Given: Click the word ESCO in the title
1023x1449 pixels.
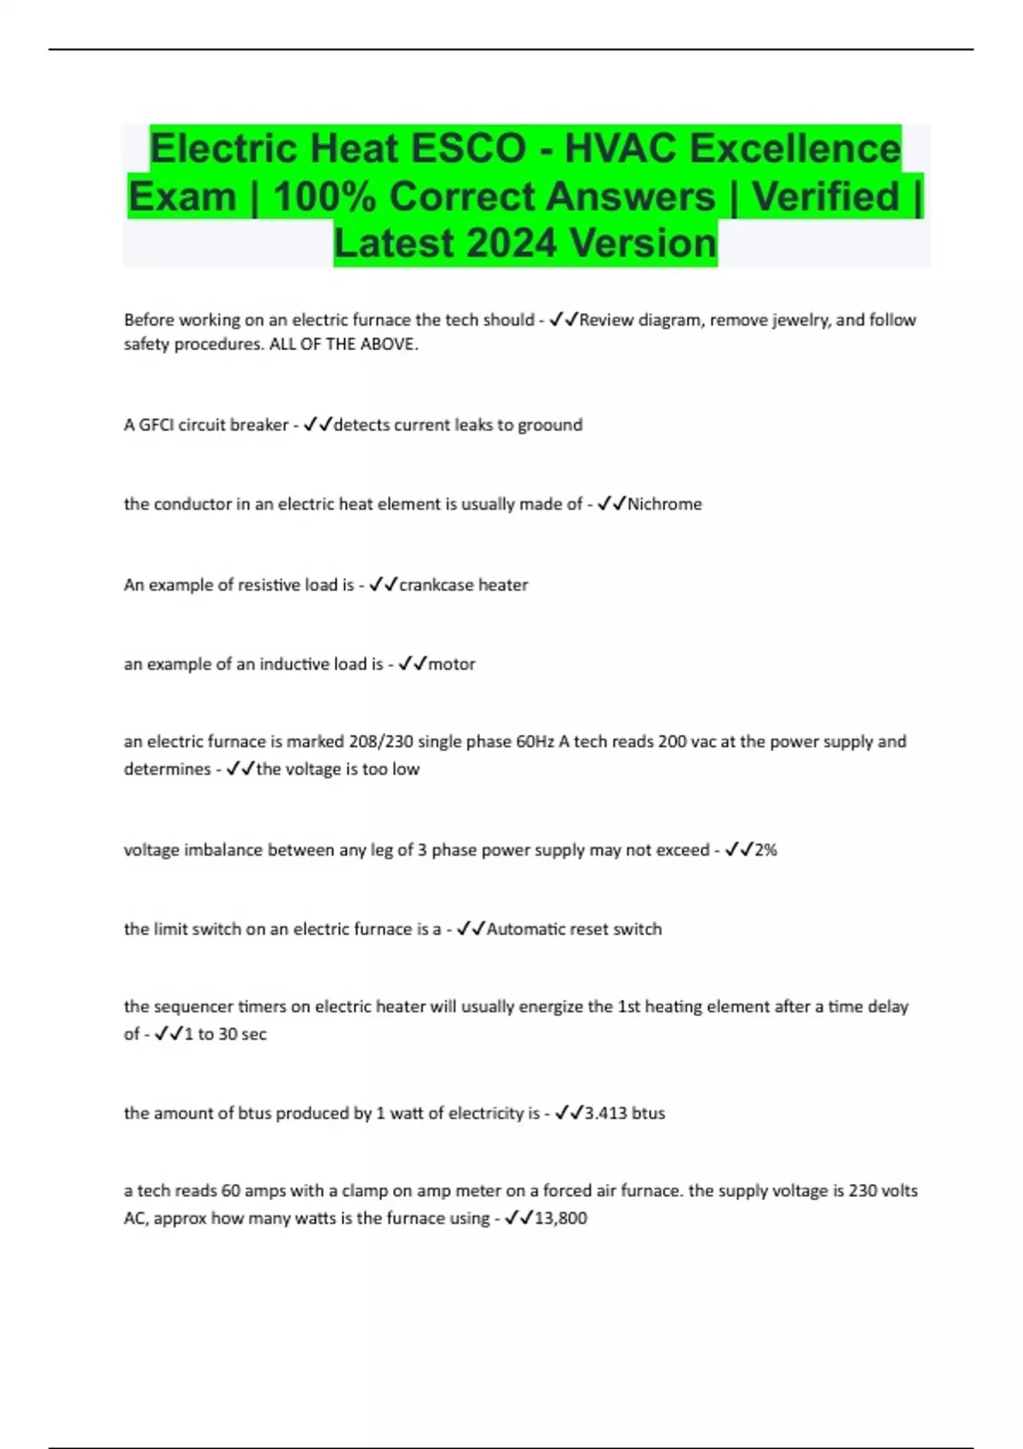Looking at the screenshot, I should (x=468, y=148).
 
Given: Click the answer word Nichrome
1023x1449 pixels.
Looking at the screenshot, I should (x=664, y=504).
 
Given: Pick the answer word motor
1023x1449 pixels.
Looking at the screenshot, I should (x=452, y=664).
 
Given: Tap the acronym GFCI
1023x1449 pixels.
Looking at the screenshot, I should (x=156, y=424).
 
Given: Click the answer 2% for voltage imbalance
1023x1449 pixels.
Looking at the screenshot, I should (x=766, y=850).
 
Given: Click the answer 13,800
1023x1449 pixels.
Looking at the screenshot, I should (x=560, y=1218).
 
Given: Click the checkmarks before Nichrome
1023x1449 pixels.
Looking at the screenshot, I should (x=611, y=504).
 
